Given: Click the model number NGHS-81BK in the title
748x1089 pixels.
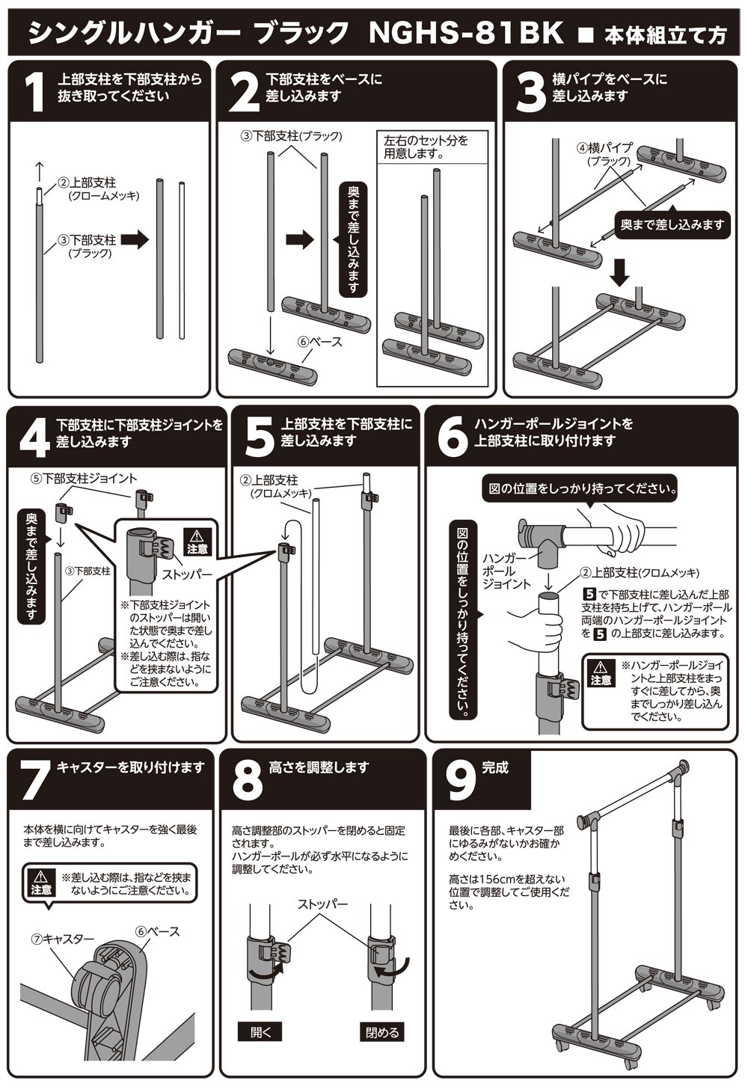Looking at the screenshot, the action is point(466,33).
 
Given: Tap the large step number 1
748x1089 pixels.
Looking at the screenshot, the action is point(34,93).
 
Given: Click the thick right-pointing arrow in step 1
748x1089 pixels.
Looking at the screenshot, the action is point(134,239).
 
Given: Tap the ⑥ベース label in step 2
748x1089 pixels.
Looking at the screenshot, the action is point(320,342).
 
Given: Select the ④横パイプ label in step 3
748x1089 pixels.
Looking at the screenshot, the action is point(604,153).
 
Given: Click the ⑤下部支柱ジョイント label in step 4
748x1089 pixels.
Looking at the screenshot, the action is point(84,479).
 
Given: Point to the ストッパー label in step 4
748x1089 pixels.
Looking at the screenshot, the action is point(187,574).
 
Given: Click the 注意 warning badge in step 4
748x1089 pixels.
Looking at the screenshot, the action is point(197,542).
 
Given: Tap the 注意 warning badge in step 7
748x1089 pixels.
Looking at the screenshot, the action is point(41,883).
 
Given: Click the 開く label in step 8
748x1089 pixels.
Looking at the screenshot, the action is point(261,1032).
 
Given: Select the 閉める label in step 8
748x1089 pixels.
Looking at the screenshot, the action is point(381,1032).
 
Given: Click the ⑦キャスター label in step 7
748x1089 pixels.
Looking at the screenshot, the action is point(62,938).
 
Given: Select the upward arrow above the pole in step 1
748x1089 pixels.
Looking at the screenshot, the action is point(40,174).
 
